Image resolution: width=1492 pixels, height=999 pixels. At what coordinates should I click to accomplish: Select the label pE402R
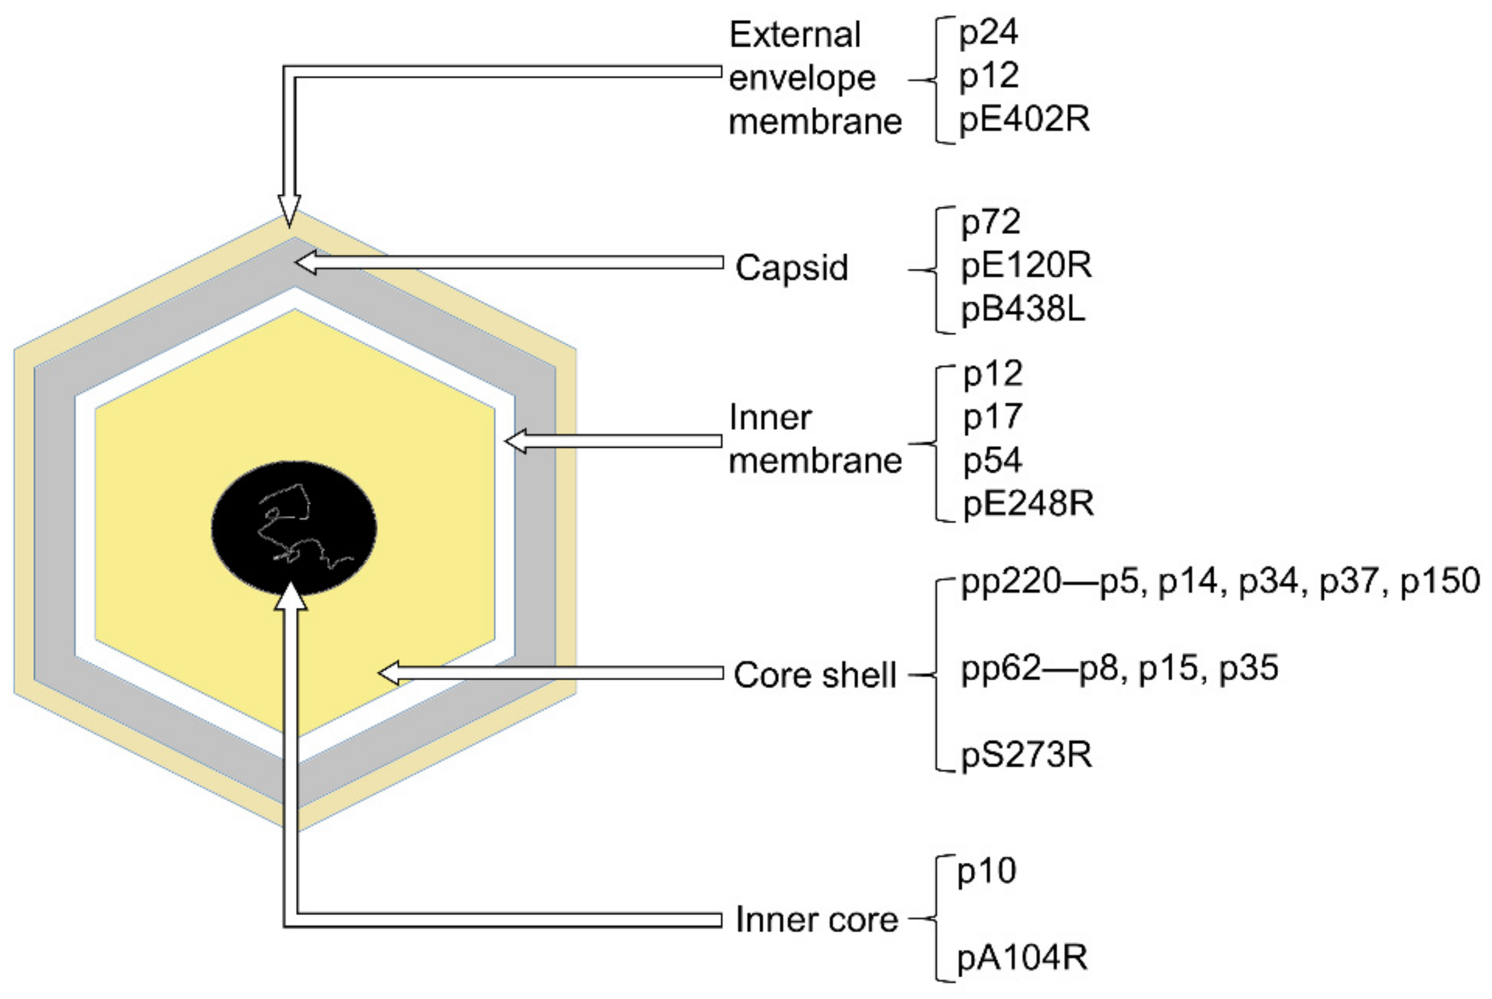point(1024,120)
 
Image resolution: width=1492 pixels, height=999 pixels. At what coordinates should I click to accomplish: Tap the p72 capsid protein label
point(990,223)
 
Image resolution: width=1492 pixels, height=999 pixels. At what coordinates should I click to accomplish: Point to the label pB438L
point(1023,311)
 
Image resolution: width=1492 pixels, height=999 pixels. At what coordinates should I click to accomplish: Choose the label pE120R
point(1026,266)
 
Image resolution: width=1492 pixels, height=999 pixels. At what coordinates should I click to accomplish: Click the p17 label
point(992,417)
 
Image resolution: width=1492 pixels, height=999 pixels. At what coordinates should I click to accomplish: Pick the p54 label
point(992,461)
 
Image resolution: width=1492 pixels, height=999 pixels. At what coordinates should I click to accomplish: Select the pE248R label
point(1028,504)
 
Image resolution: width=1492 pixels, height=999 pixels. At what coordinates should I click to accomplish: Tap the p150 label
point(1440,582)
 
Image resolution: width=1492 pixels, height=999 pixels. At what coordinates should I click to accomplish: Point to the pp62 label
point(1000,669)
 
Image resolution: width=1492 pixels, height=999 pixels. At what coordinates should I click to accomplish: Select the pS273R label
point(1026,756)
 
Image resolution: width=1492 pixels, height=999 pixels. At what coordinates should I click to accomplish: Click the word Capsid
point(791,267)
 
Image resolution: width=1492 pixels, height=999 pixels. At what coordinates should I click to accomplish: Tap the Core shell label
point(815,675)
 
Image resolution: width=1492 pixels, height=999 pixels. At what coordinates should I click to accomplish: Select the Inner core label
point(817,920)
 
